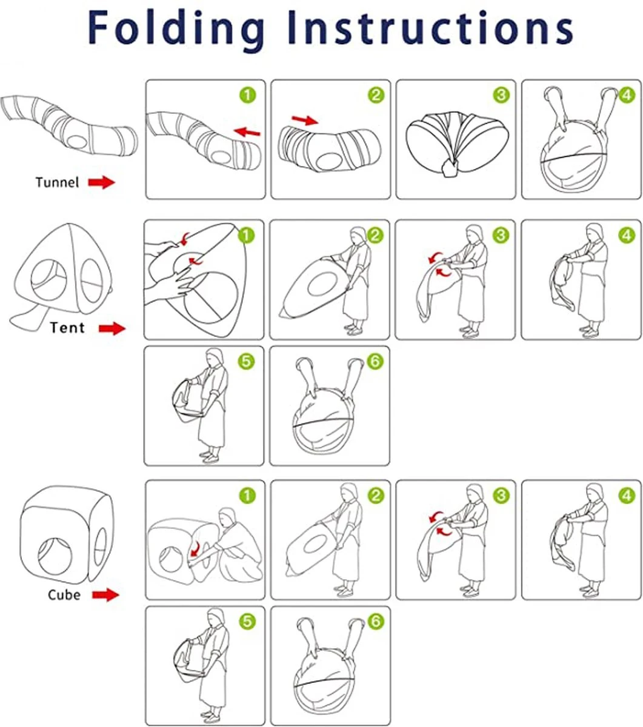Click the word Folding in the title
[176, 28]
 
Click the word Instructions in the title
[430, 27]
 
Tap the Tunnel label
[57, 182]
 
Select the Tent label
[67, 328]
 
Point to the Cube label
[64, 595]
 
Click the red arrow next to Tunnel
[102, 182]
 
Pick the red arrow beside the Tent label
[112, 328]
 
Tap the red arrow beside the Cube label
[105, 594]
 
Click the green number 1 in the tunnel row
[248, 96]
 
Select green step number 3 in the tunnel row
[501, 95]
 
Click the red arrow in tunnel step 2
[305, 120]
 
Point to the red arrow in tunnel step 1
[247, 131]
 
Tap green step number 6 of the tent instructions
[375, 361]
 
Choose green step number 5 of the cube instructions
[247, 622]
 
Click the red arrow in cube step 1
[195, 549]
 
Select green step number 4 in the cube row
[627, 496]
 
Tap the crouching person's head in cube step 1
[228, 517]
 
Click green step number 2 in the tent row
[375, 236]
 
